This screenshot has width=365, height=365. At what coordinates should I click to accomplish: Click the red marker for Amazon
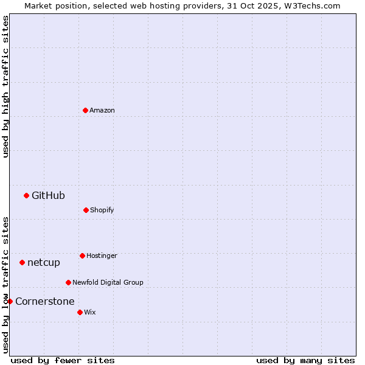pos(85,110)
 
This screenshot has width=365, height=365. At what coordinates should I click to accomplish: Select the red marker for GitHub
pos(26,195)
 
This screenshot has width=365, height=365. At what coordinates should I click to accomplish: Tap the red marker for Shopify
pos(86,210)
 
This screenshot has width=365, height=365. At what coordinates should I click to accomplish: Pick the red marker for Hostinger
pos(82,255)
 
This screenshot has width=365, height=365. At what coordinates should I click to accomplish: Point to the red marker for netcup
pos(22,262)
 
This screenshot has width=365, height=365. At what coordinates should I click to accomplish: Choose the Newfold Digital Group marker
pos(68,282)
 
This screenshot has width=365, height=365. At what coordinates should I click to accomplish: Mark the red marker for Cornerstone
pos(10,301)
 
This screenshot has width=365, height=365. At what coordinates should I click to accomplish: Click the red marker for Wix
pos(80,312)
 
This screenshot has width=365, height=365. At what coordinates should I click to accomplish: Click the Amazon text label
pos(102,110)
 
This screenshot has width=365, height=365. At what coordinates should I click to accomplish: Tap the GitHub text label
pos(48,195)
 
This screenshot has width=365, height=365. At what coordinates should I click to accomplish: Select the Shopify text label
pos(102,210)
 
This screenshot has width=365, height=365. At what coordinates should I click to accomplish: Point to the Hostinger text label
pos(102,255)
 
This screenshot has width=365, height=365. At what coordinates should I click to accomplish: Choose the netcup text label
pos(44,262)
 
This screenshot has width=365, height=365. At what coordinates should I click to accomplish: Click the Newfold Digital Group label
pos(108,282)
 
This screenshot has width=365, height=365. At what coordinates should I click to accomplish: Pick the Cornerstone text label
pos(45,301)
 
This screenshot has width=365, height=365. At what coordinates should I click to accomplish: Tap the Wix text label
pos(90,312)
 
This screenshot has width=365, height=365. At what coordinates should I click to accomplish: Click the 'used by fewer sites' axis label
pos(63,360)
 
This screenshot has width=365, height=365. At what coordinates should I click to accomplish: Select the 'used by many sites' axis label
pos(305,360)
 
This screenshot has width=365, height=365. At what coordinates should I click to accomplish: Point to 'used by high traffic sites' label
pos(5,86)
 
